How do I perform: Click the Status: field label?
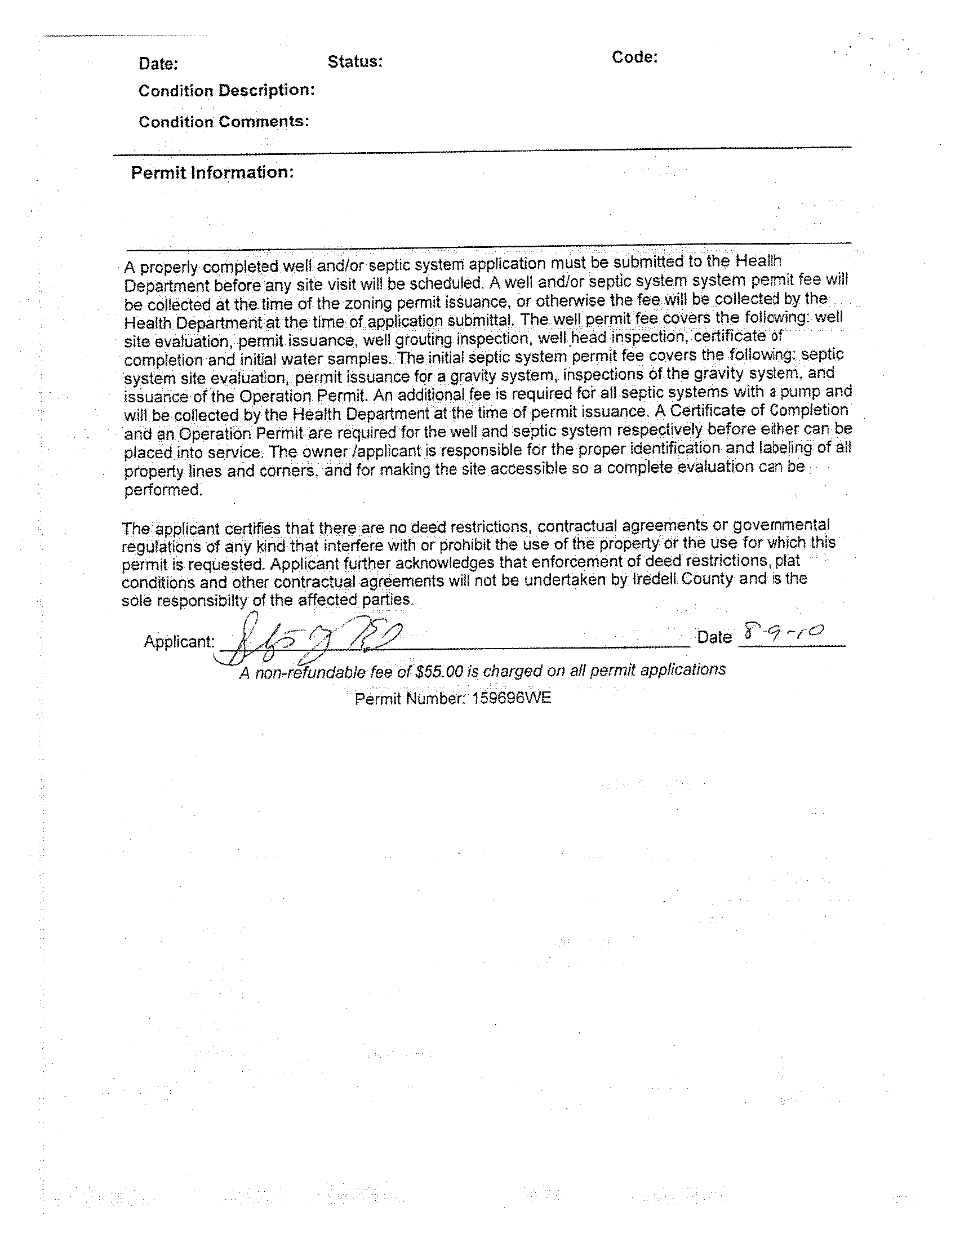pyautogui.click(x=355, y=62)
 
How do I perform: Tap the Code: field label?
pyautogui.click(x=634, y=57)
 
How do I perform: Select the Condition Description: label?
pyautogui.click(x=226, y=91)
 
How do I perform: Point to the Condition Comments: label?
pyautogui.click(x=224, y=122)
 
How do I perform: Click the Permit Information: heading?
pyautogui.click(x=212, y=172)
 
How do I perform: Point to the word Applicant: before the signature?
pyautogui.click(x=179, y=642)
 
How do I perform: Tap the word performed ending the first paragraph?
pyautogui.click(x=163, y=490)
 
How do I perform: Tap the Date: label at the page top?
pyautogui.click(x=158, y=64)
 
